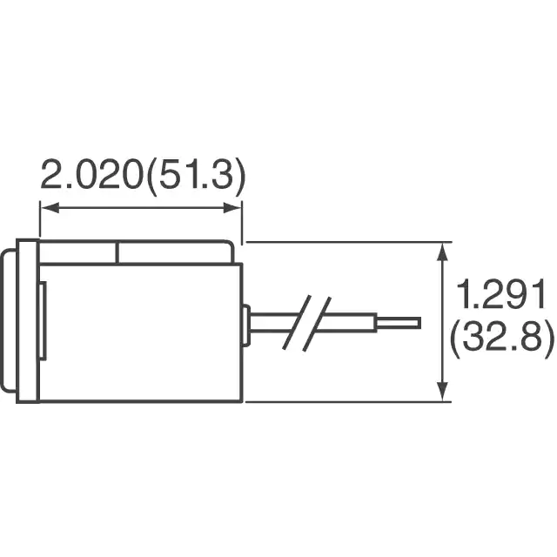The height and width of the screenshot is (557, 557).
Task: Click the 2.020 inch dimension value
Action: pos(91,175)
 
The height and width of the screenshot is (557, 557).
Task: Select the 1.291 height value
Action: pos(501,294)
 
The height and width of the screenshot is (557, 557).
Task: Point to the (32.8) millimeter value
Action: pos(501,339)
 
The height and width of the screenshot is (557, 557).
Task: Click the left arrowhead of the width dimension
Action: pos(50,208)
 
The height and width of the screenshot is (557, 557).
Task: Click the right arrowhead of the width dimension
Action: pos(232,208)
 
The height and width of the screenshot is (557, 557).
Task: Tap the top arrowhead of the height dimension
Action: pos(442,252)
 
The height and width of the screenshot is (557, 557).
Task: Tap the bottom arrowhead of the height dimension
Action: pos(442,391)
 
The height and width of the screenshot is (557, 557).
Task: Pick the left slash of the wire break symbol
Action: pos(297,322)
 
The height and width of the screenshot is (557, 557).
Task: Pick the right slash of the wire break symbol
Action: pos(317,324)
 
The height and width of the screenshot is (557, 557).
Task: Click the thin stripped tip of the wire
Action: pos(399,323)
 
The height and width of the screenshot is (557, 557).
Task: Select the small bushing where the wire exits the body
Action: pos(245,325)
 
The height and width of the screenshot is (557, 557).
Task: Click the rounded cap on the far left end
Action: pos(9,321)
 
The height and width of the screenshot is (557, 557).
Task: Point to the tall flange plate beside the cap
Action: pos(28,321)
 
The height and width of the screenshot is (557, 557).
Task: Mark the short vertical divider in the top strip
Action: pos(117,253)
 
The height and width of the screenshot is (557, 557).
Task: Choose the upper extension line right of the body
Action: pos(349,242)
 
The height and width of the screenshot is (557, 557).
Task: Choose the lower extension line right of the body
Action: pos(348,402)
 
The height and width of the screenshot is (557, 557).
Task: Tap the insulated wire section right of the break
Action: pos(346,323)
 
